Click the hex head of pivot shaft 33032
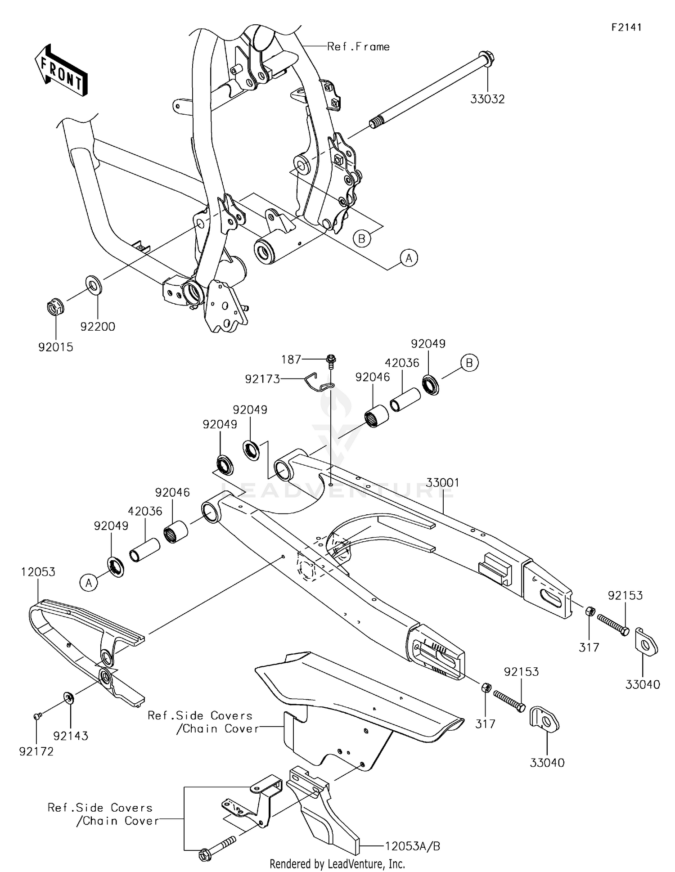click(488, 58)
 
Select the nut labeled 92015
click(55, 308)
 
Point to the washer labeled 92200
click(94, 285)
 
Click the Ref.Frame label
click(358, 47)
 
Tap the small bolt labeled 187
click(331, 360)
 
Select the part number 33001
click(443, 483)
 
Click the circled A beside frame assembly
click(409, 258)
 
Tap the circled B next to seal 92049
click(469, 363)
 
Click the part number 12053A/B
click(412, 846)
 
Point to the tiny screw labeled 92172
click(37, 715)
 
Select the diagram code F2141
click(626, 27)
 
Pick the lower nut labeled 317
click(486, 688)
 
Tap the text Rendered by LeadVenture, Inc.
click(337, 864)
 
